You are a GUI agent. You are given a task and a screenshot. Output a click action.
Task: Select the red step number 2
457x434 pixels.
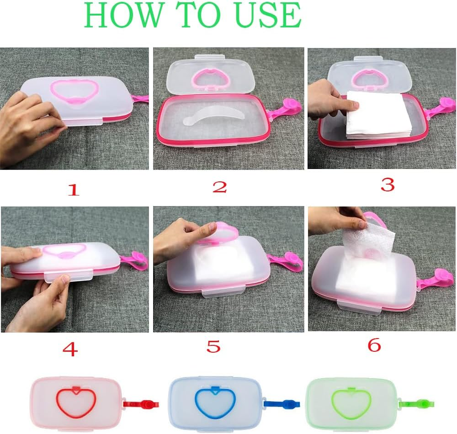coord(219,187)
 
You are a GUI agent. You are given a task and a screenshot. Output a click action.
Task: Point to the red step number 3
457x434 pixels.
coord(387,185)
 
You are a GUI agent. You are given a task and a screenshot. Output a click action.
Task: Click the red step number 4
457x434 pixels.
coord(70,349)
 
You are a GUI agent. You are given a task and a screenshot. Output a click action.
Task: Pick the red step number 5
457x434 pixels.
coord(213,347)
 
